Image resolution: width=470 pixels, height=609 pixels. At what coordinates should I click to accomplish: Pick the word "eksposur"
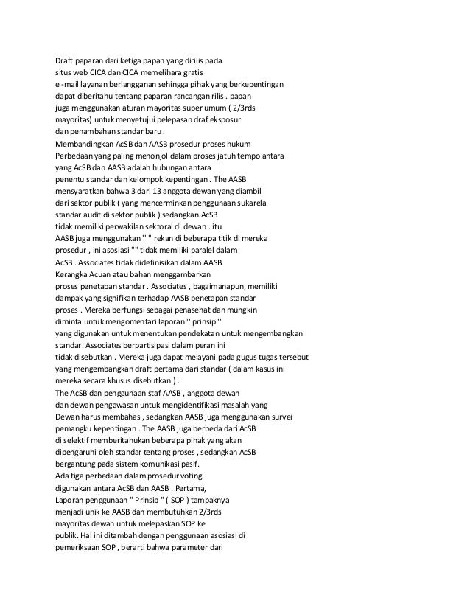click(x=234, y=119)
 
